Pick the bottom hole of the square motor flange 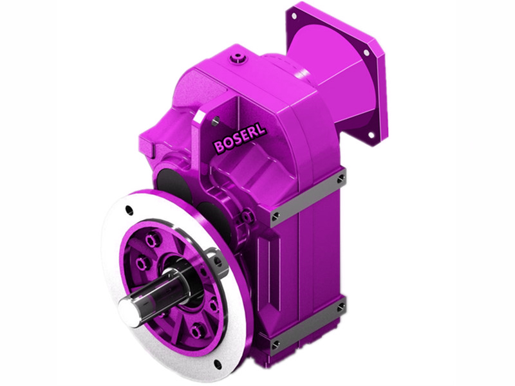pyautogui.click(x=370, y=135)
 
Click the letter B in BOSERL pyautogui.click(x=220, y=147)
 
